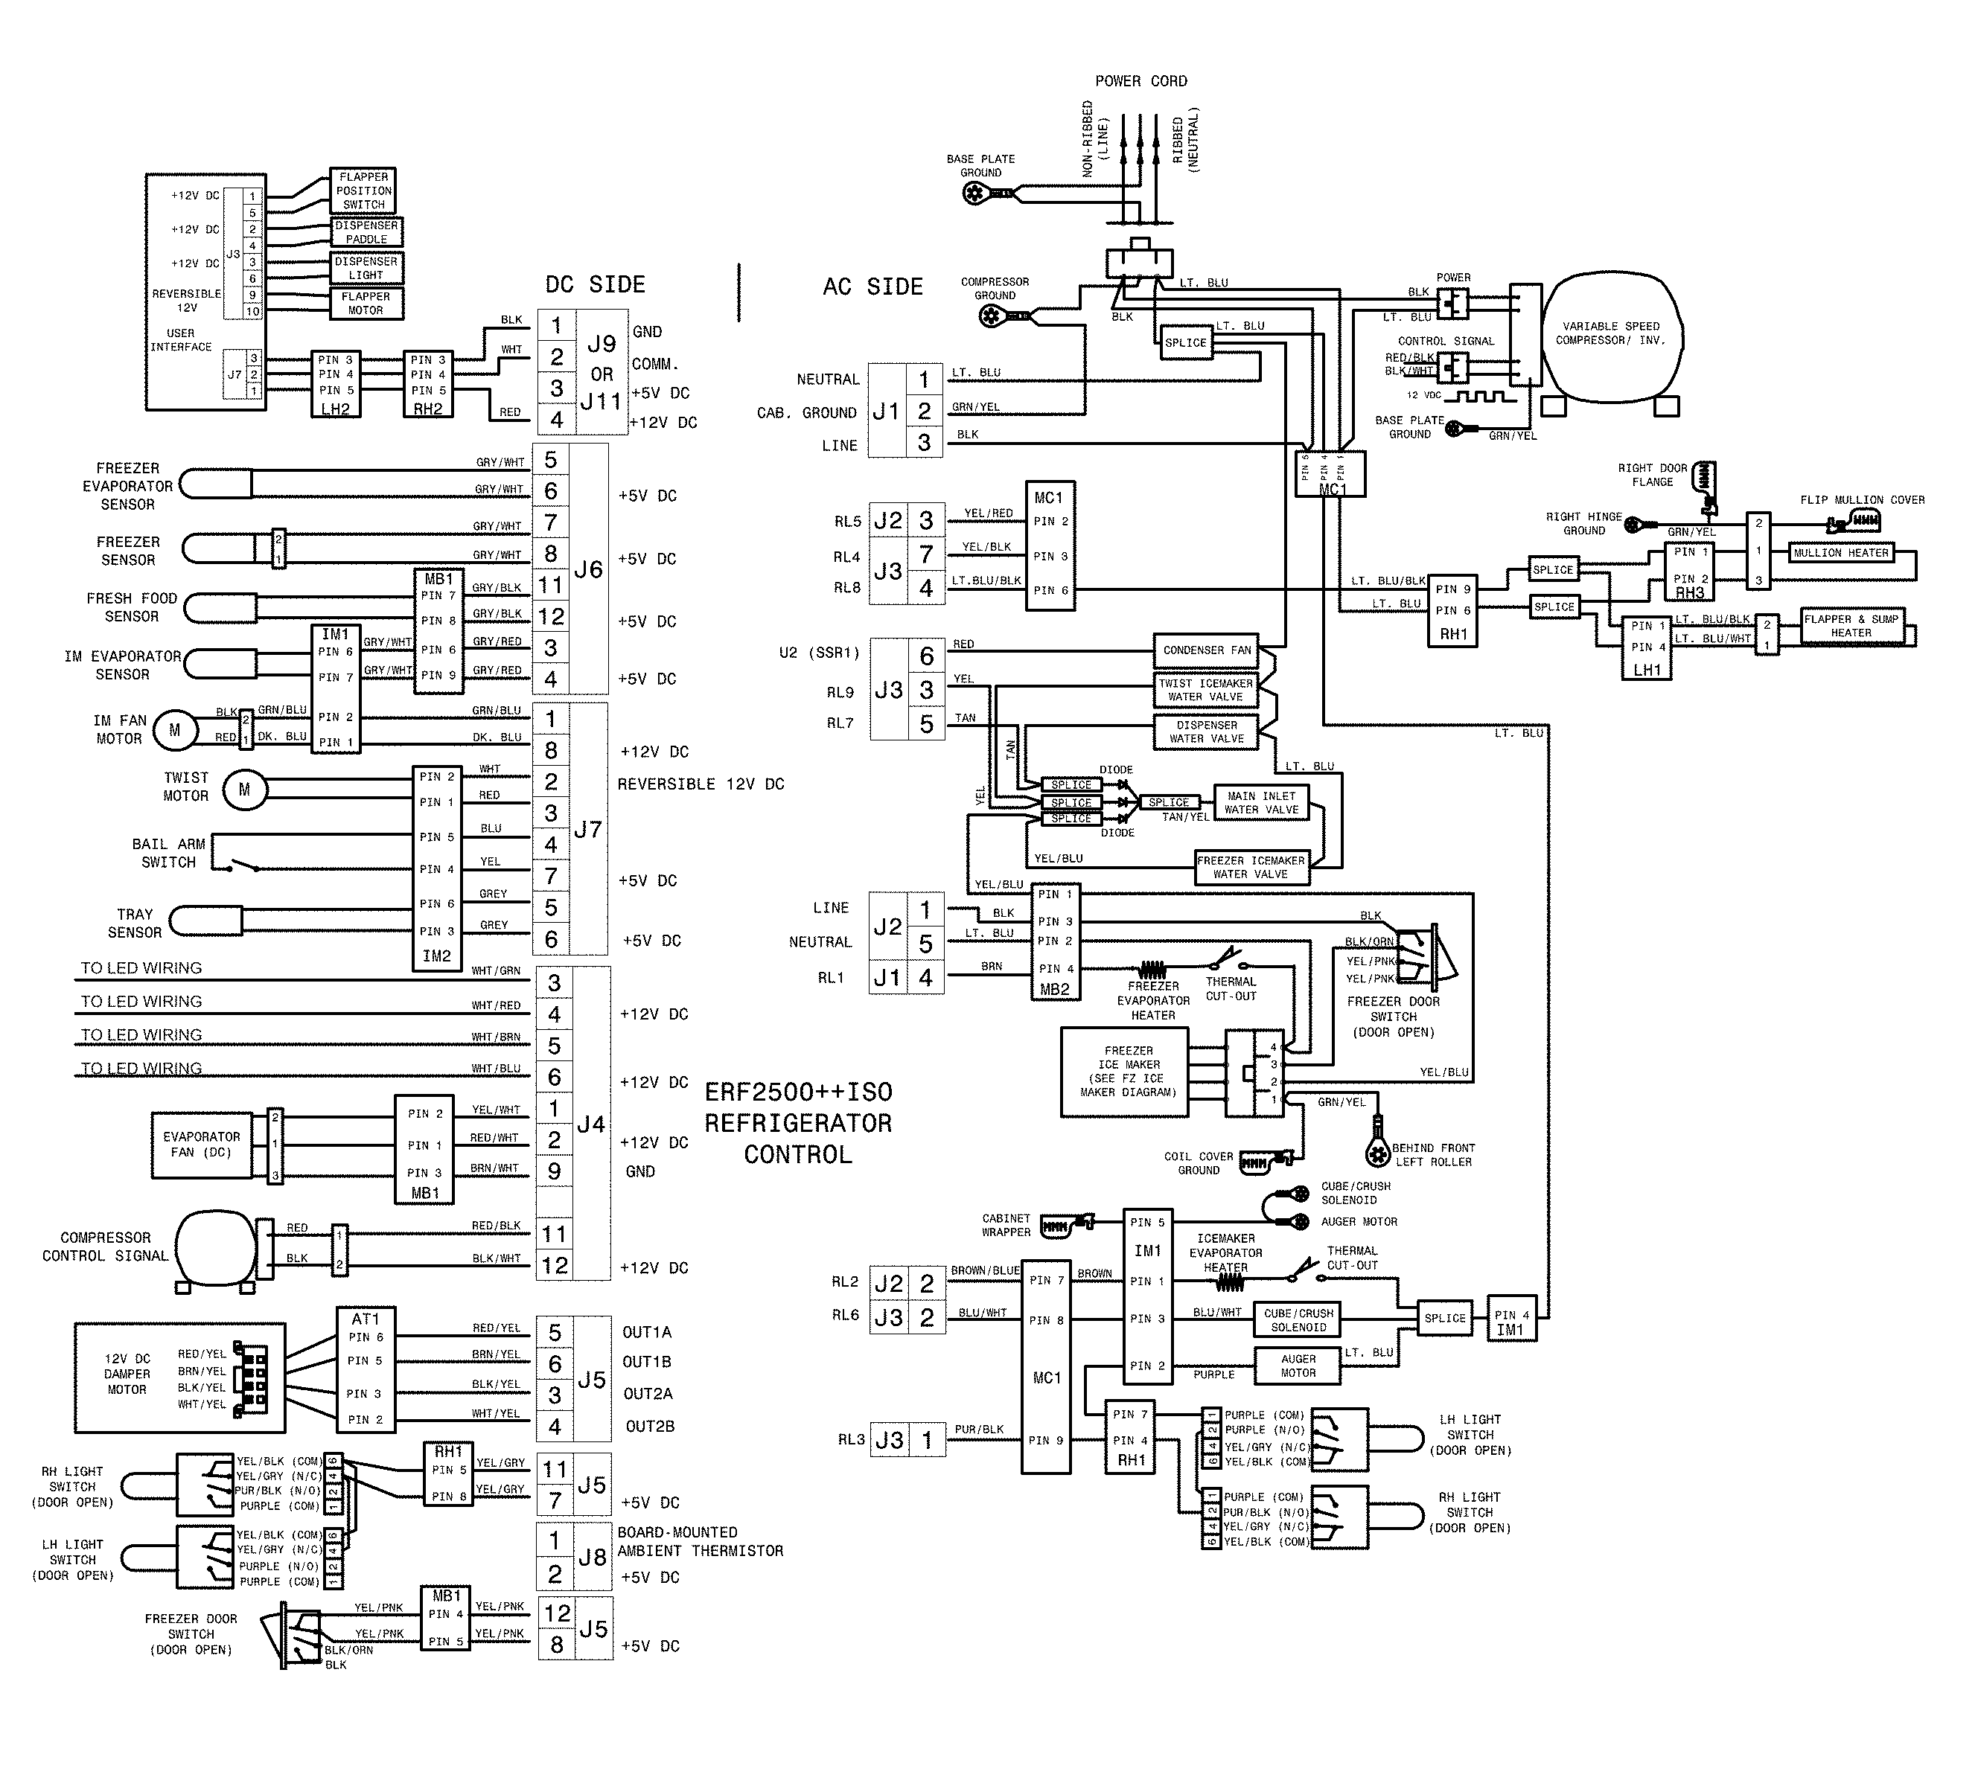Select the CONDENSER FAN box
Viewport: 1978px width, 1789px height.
[x=1206, y=650]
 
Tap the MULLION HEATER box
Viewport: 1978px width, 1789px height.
[x=1840, y=553]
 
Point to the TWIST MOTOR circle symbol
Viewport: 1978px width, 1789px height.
[x=244, y=790]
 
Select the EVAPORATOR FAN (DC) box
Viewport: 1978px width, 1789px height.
[x=201, y=1145]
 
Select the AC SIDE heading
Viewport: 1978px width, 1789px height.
[x=872, y=287]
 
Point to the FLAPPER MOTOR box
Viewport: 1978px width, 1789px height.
[x=365, y=303]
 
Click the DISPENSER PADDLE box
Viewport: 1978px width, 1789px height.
[x=366, y=232]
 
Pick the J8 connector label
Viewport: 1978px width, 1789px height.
[x=592, y=1557]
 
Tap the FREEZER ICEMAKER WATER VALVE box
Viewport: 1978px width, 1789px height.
[x=1250, y=867]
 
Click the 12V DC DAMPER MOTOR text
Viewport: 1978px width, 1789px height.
[x=127, y=1374]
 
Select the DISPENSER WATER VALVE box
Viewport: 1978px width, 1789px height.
[x=1206, y=732]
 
